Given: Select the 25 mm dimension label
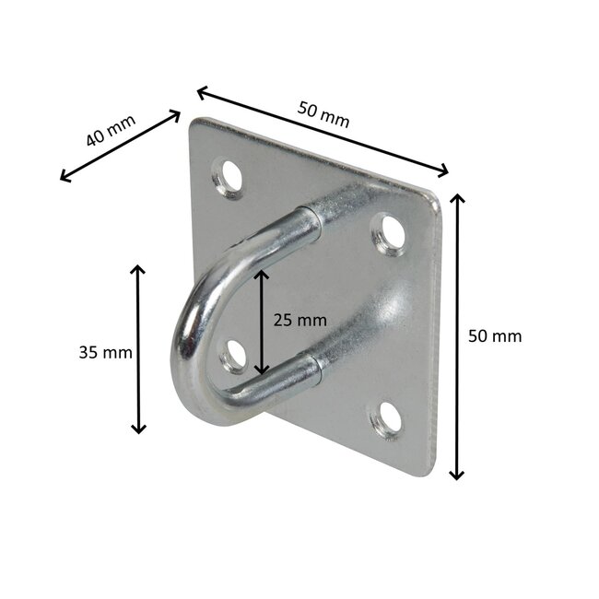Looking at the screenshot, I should coord(299,320).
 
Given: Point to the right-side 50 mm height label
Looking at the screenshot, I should coord(495,336).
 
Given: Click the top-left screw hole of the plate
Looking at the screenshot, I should coord(227,175).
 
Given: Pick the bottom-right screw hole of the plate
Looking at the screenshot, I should coord(387,419).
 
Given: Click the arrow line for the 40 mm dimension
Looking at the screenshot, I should coord(120,146).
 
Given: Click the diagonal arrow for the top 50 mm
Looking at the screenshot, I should coord(323,131).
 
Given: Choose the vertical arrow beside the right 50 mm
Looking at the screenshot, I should coord(457,336).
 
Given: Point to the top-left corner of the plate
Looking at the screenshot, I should coord(195,123).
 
